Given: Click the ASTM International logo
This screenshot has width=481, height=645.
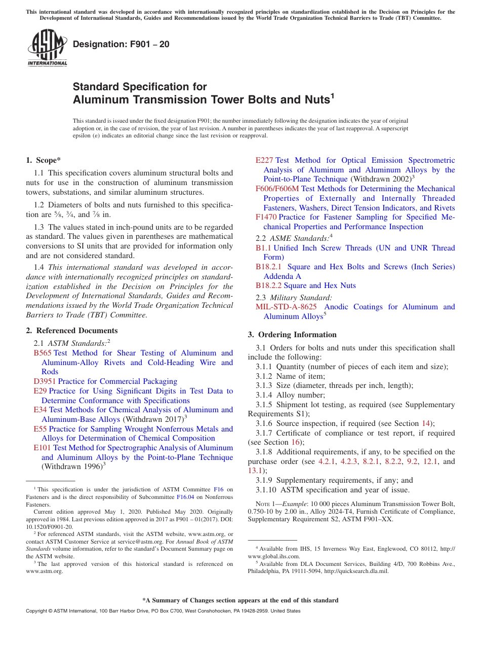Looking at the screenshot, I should tap(47, 48).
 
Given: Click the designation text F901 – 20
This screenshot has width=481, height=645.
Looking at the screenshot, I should tap(121, 45).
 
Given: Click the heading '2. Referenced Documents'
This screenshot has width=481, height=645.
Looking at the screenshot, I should tap(65, 331).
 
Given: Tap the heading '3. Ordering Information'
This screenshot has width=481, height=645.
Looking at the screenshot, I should tap(292, 335).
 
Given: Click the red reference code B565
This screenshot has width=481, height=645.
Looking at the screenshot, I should tap(43, 353).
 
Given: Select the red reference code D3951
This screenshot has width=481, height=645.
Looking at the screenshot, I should tap(45, 381).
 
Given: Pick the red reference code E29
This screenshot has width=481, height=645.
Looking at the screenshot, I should tap(40, 391).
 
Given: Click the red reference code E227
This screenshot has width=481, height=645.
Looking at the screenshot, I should tap(264, 160).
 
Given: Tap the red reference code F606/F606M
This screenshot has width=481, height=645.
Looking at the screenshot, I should tap(277, 189).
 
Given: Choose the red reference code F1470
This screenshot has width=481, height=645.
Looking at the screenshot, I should tap(266, 217).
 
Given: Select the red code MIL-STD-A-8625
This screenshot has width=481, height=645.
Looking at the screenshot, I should tap(286, 307).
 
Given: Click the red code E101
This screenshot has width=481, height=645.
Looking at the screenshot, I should tap(42, 448).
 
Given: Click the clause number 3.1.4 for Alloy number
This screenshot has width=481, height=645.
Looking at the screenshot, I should tap(264, 395).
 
